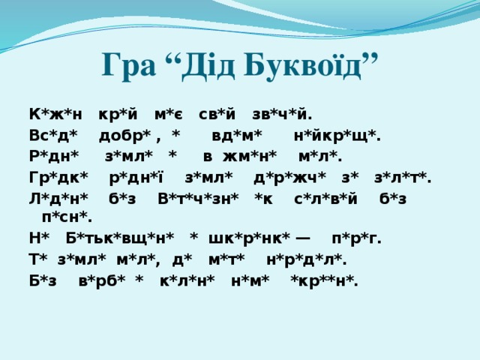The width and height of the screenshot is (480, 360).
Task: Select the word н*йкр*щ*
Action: (x=337, y=136)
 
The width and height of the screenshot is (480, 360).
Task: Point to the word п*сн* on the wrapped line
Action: (x=68, y=218)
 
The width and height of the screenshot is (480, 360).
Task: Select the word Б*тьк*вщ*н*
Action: (x=120, y=239)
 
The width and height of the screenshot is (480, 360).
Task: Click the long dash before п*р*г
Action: (x=303, y=239)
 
